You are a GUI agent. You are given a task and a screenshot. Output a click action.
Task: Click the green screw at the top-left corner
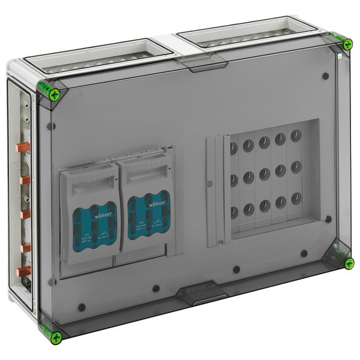coord(55,93)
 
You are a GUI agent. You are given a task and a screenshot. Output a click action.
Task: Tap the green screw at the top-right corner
coord(347,44)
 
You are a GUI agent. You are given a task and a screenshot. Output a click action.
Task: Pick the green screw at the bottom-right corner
coord(348,263)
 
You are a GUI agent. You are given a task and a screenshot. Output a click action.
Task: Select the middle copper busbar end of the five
coord(25,214)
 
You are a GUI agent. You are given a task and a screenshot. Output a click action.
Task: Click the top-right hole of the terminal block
coord(295,136)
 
